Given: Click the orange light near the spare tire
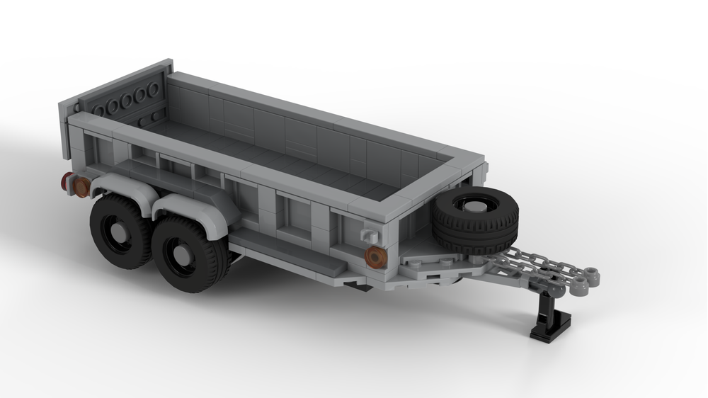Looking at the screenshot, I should click(375, 256).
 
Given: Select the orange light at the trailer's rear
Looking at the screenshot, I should click(81, 187).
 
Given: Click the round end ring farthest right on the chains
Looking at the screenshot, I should click(593, 273).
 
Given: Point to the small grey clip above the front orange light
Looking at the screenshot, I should click(369, 235).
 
